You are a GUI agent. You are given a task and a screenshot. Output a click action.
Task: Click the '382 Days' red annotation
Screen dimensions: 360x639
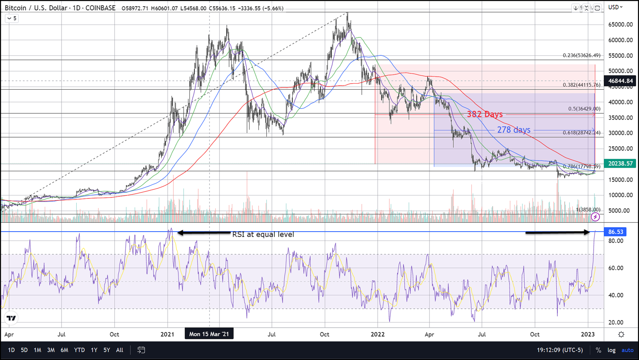(x=485, y=114)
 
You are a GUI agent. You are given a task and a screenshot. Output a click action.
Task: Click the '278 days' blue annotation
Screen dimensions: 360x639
(x=513, y=130)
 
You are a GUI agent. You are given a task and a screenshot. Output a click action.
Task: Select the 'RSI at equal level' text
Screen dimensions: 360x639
(x=263, y=234)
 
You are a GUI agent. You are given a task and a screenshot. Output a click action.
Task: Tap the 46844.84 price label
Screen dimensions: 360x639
(x=621, y=81)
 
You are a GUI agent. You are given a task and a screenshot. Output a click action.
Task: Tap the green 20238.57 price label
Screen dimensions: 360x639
(x=621, y=164)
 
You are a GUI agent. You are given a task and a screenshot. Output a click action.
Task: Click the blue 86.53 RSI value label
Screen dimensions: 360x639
(x=616, y=232)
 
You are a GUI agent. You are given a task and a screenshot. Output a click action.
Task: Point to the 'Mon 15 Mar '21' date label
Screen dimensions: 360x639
(x=209, y=334)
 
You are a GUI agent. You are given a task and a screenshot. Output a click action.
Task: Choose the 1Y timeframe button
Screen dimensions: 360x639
(x=94, y=350)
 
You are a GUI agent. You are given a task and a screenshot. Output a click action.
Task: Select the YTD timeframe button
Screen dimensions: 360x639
(x=79, y=350)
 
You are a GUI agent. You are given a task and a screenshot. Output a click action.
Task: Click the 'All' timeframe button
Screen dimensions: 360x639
(x=120, y=350)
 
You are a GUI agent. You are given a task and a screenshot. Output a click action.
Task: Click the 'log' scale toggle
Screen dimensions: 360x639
(x=611, y=350)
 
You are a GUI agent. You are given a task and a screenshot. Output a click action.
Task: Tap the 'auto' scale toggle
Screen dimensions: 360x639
(x=627, y=350)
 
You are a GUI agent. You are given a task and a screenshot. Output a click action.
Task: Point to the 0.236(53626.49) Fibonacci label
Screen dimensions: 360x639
(x=581, y=56)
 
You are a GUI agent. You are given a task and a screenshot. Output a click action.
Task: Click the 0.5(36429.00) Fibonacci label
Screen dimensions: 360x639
(x=584, y=109)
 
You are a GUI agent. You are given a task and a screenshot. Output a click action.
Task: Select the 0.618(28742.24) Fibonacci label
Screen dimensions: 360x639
(x=581, y=133)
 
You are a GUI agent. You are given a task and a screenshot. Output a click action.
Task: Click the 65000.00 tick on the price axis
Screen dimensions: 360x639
(x=621, y=24)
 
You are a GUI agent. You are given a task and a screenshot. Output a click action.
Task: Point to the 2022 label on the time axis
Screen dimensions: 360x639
(x=377, y=334)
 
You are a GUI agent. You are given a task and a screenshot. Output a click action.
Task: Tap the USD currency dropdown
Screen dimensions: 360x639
(x=615, y=7)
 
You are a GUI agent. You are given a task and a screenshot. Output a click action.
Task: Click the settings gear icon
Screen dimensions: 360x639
(x=621, y=334)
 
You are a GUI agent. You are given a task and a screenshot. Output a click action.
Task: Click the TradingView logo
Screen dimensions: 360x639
(x=11, y=318)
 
